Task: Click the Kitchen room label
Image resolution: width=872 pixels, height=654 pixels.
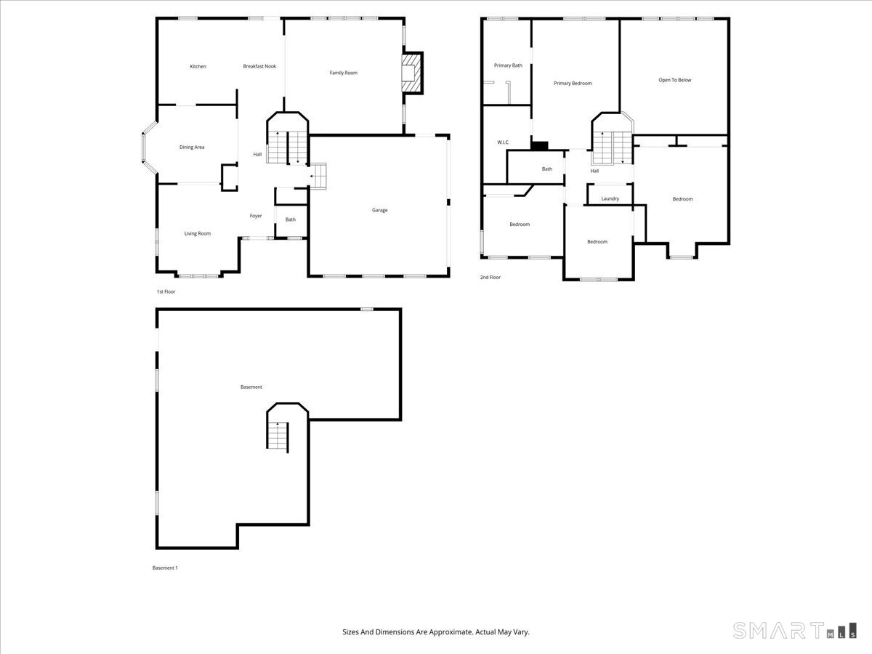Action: (x=198, y=67)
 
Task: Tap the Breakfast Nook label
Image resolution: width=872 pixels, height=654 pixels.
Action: (x=259, y=67)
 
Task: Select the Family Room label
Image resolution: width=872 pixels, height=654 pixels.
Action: (x=343, y=73)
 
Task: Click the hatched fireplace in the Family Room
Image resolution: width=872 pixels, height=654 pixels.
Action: (x=411, y=73)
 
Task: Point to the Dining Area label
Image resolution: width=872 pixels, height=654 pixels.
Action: (x=192, y=148)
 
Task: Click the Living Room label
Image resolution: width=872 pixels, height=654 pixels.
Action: (x=197, y=234)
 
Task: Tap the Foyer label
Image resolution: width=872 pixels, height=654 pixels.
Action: (x=256, y=216)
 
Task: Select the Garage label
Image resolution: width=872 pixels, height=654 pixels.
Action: (x=379, y=211)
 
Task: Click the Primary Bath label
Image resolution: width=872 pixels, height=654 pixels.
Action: (x=508, y=65)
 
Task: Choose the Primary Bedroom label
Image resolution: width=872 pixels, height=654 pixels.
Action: (x=573, y=84)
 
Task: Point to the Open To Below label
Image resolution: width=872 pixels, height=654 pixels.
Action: (x=674, y=81)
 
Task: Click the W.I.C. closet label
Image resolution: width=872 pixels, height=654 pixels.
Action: (x=504, y=142)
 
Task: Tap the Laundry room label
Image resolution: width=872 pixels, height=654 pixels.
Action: (x=610, y=198)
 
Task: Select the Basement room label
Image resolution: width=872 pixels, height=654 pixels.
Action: (x=251, y=387)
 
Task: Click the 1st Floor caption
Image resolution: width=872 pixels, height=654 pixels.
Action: (x=166, y=292)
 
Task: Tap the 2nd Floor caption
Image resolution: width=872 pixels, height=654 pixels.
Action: (x=490, y=278)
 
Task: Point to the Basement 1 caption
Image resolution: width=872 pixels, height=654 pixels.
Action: (x=164, y=568)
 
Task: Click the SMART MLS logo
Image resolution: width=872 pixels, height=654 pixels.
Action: (x=794, y=630)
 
